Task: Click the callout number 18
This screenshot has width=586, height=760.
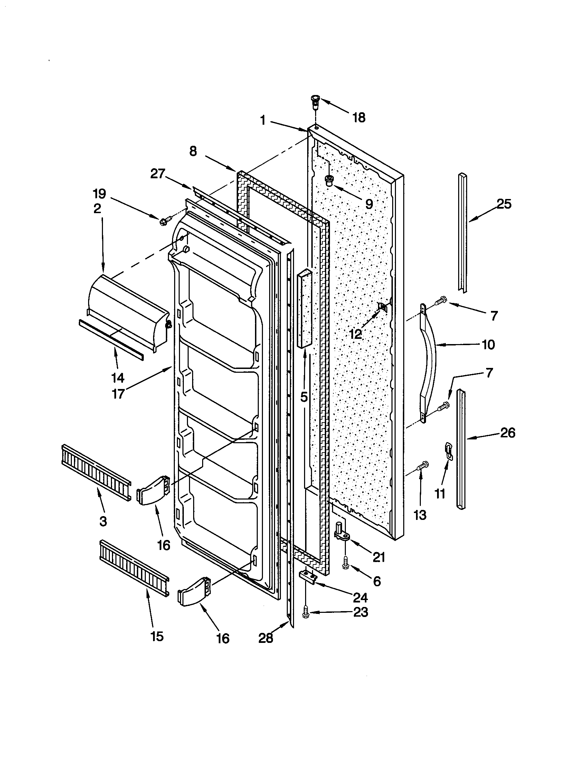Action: [359, 117]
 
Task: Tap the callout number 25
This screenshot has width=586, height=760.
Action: [504, 204]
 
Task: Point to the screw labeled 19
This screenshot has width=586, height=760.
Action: [166, 220]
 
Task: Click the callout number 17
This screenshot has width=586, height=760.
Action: [118, 393]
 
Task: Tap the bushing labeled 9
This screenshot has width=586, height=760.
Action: [328, 181]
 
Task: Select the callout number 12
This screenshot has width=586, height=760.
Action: [355, 334]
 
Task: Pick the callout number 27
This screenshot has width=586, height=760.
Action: [157, 173]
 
